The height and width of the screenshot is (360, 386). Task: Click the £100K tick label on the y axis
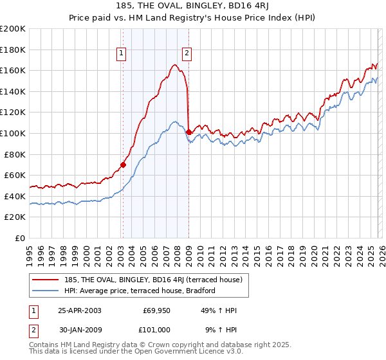pyautogui.click(x=13, y=133)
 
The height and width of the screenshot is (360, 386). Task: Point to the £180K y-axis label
pyautogui.click(x=13, y=50)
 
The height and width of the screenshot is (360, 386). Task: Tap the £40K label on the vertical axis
pyautogui.click(x=15, y=196)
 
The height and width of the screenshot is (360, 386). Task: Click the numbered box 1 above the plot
pyautogui.click(x=122, y=54)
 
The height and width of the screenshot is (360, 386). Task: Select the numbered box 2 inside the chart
pyautogui.click(x=187, y=54)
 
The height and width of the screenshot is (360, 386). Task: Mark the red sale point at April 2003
pyautogui.click(x=123, y=165)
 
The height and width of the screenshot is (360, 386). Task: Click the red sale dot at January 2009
pyautogui.click(x=188, y=132)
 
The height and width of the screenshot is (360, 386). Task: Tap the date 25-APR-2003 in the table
pyautogui.click(x=80, y=310)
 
